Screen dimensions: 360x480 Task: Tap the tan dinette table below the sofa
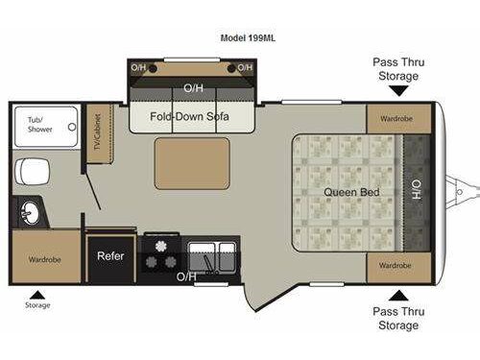coord(192,162)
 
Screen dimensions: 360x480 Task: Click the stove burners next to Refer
coord(160,254)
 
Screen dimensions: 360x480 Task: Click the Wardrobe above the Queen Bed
coord(396,121)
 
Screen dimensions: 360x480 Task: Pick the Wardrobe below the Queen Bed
coord(396,264)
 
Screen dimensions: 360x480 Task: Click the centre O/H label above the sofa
coord(193,87)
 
